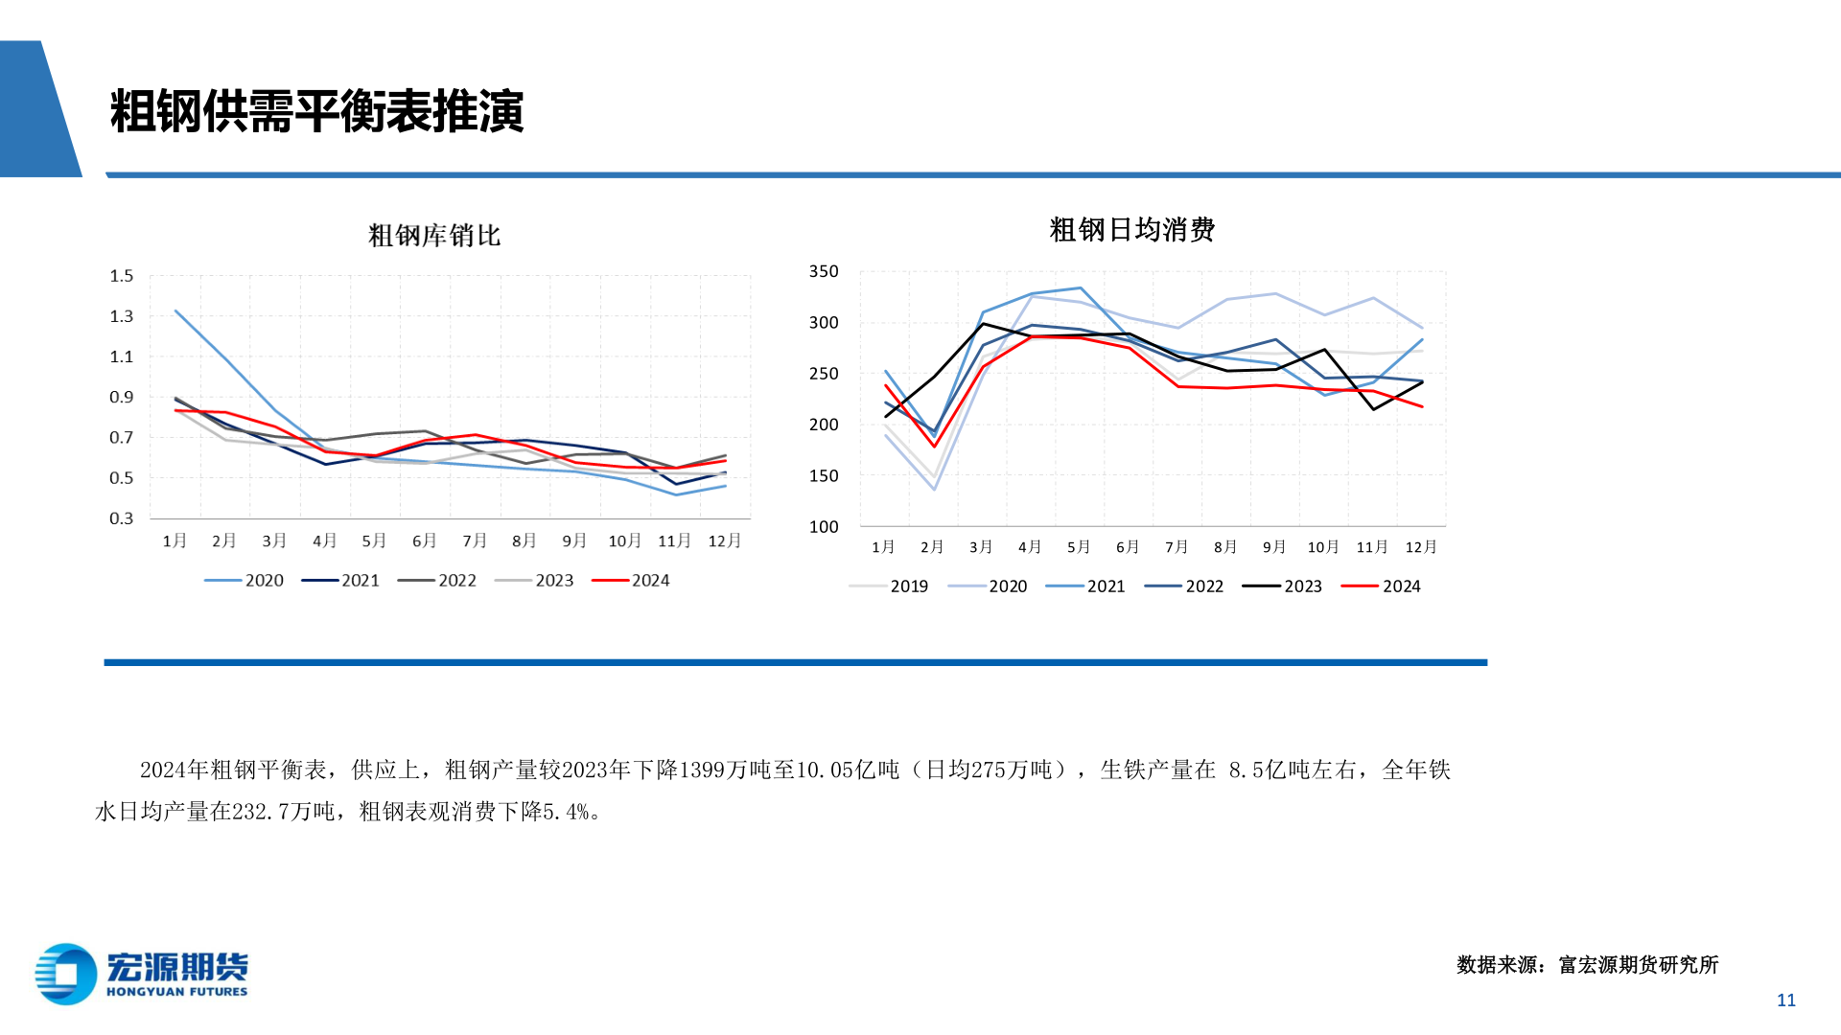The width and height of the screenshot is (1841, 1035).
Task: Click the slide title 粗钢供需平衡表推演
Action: (x=316, y=112)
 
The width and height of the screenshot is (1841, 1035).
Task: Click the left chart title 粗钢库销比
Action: (x=434, y=236)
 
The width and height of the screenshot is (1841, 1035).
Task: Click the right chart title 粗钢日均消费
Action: (x=1131, y=230)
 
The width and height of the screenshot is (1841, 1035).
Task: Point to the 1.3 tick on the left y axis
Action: (x=122, y=316)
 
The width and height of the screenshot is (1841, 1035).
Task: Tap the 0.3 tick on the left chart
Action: (x=122, y=518)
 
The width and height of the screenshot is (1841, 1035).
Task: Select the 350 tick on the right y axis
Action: (x=824, y=271)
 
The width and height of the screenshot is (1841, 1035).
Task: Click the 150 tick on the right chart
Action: (x=824, y=475)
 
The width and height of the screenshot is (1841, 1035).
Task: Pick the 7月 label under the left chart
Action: (x=475, y=540)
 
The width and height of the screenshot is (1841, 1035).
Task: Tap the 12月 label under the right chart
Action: (x=1421, y=546)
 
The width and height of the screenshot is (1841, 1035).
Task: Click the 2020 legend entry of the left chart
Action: (x=245, y=581)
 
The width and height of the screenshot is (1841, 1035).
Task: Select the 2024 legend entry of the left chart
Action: (x=631, y=581)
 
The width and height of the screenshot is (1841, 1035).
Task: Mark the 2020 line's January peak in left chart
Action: (x=176, y=310)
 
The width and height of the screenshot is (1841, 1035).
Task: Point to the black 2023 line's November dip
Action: (x=1373, y=409)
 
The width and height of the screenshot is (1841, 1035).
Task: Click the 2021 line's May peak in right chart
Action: (x=1081, y=287)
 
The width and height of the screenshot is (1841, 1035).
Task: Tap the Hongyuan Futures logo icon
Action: (x=65, y=974)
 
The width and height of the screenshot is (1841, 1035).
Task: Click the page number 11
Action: (x=1785, y=1000)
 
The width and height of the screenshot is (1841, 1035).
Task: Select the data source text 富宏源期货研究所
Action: (x=1638, y=965)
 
